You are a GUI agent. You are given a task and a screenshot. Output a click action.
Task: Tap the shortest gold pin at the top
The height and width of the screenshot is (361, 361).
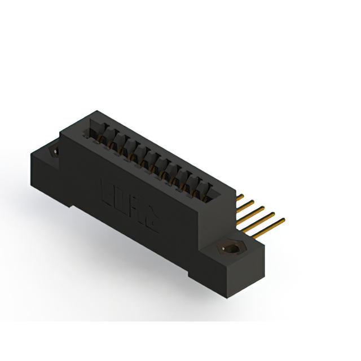[240, 197]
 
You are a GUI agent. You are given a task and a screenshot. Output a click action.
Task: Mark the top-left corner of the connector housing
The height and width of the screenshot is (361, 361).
[96, 112]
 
